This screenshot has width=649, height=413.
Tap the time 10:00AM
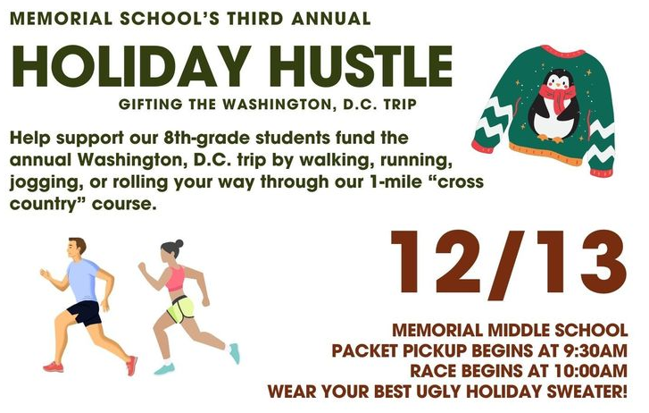pos(592,371)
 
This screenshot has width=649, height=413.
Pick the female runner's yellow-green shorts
pos(180,309)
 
